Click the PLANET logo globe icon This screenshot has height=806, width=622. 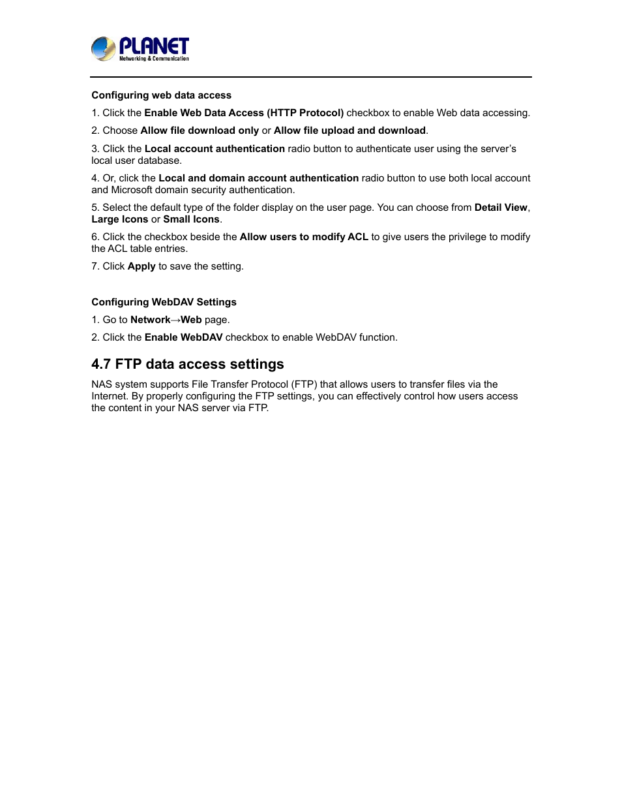pos(103,49)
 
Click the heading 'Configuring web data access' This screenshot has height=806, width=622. pos(161,95)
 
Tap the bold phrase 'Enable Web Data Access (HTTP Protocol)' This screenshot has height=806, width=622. pos(244,113)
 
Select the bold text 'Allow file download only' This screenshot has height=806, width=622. pos(200,131)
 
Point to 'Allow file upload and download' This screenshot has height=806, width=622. pos(349,131)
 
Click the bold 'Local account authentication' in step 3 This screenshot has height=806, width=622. pos(215,149)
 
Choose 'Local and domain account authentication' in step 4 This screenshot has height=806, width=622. pos(258,178)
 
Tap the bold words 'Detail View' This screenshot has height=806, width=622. pos(501,208)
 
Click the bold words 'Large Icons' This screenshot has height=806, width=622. pos(120,219)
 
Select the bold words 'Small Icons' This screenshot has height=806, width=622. pos(191,219)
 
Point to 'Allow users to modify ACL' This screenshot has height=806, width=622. pos(304,237)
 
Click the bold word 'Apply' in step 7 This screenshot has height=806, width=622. pos(141,266)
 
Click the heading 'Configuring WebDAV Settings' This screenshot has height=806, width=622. pos(164,302)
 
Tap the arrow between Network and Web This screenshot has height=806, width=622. pos(175,320)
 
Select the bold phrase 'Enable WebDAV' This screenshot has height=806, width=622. pos(183,337)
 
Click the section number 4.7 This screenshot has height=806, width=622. pos(101,364)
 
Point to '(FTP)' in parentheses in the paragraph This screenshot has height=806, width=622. pos(304,384)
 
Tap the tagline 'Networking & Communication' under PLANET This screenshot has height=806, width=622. pos(154,59)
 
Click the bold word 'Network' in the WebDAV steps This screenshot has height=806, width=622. pos(150,320)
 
